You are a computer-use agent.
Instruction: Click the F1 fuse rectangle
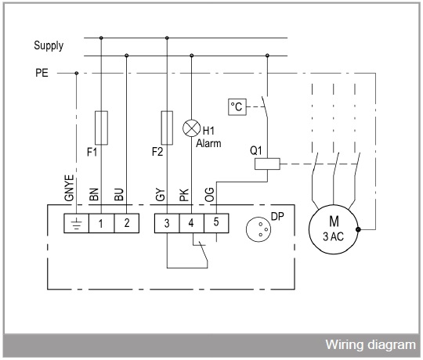(x=101, y=128)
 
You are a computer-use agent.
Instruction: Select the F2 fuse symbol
(x=167, y=128)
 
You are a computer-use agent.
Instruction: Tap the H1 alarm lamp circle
(x=192, y=128)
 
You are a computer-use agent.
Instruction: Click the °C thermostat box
(x=237, y=107)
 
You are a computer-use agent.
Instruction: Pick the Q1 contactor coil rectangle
(x=267, y=164)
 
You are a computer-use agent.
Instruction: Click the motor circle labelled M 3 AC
(x=334, y=229)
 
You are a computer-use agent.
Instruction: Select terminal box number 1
(x=101, y=223)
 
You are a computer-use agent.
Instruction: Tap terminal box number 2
(x=127, y=223)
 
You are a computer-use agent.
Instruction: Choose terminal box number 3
(x=167, y=223)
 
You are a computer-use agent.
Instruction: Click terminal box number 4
(x=192, y=223)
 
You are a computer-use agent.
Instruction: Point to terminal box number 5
(x=216, y=223)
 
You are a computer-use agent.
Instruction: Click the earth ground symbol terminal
(x=76, y=223)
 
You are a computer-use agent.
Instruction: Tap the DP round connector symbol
(x=258, y=229)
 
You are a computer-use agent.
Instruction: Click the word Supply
(x=49, y=46)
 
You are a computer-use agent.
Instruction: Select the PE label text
(x=42, y=73)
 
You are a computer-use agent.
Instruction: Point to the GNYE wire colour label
(x=69, y=188)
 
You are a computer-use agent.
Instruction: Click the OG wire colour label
(x=209, y=195)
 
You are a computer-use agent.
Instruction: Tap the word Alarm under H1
(x=208, y=143)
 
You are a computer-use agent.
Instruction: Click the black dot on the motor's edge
(x=358, y=229)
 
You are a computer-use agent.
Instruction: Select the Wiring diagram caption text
(x=371, y=345)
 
